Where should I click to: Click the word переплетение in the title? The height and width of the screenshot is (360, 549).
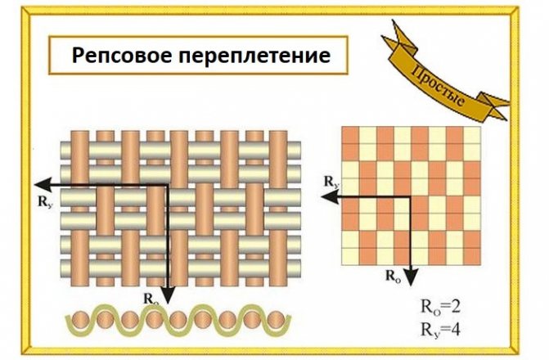(254, 56)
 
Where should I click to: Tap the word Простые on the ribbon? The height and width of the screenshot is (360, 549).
(439, 86)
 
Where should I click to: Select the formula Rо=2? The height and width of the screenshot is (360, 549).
(440, 308)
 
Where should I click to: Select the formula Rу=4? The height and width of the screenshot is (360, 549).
(440, 330)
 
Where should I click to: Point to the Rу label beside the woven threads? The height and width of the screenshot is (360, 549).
(46, 201)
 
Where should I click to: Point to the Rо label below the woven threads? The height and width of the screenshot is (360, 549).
(151, 299)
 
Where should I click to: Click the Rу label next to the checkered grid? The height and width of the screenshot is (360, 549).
(331, 182)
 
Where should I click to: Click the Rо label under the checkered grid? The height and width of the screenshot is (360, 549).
(393, 276)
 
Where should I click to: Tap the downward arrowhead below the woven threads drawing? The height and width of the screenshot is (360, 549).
(168, 296)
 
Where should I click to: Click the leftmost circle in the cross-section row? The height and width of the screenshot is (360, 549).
(79, 320)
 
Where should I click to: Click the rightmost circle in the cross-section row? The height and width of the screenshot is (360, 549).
(276, 320)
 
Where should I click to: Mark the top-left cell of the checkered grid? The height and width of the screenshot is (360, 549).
(350, 135)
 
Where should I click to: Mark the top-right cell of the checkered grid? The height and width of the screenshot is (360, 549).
(472, 135)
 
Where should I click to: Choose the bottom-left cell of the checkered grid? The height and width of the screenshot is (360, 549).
(350, 256)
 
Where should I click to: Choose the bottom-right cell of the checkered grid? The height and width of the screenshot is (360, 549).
(472, 256)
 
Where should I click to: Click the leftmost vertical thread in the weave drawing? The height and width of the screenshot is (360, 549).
(80, 209)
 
